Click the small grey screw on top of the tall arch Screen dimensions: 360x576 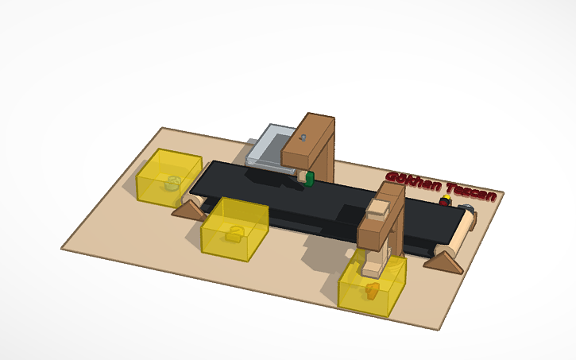coord(305,137)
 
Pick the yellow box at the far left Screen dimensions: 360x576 coord(167,176)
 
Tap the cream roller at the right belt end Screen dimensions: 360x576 coord(461,235)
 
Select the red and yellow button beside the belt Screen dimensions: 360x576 coord(444,202)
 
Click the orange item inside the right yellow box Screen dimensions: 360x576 coord(371,290)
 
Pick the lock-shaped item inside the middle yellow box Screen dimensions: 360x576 coord(233,233)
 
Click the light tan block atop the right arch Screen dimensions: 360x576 coord(378,209)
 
